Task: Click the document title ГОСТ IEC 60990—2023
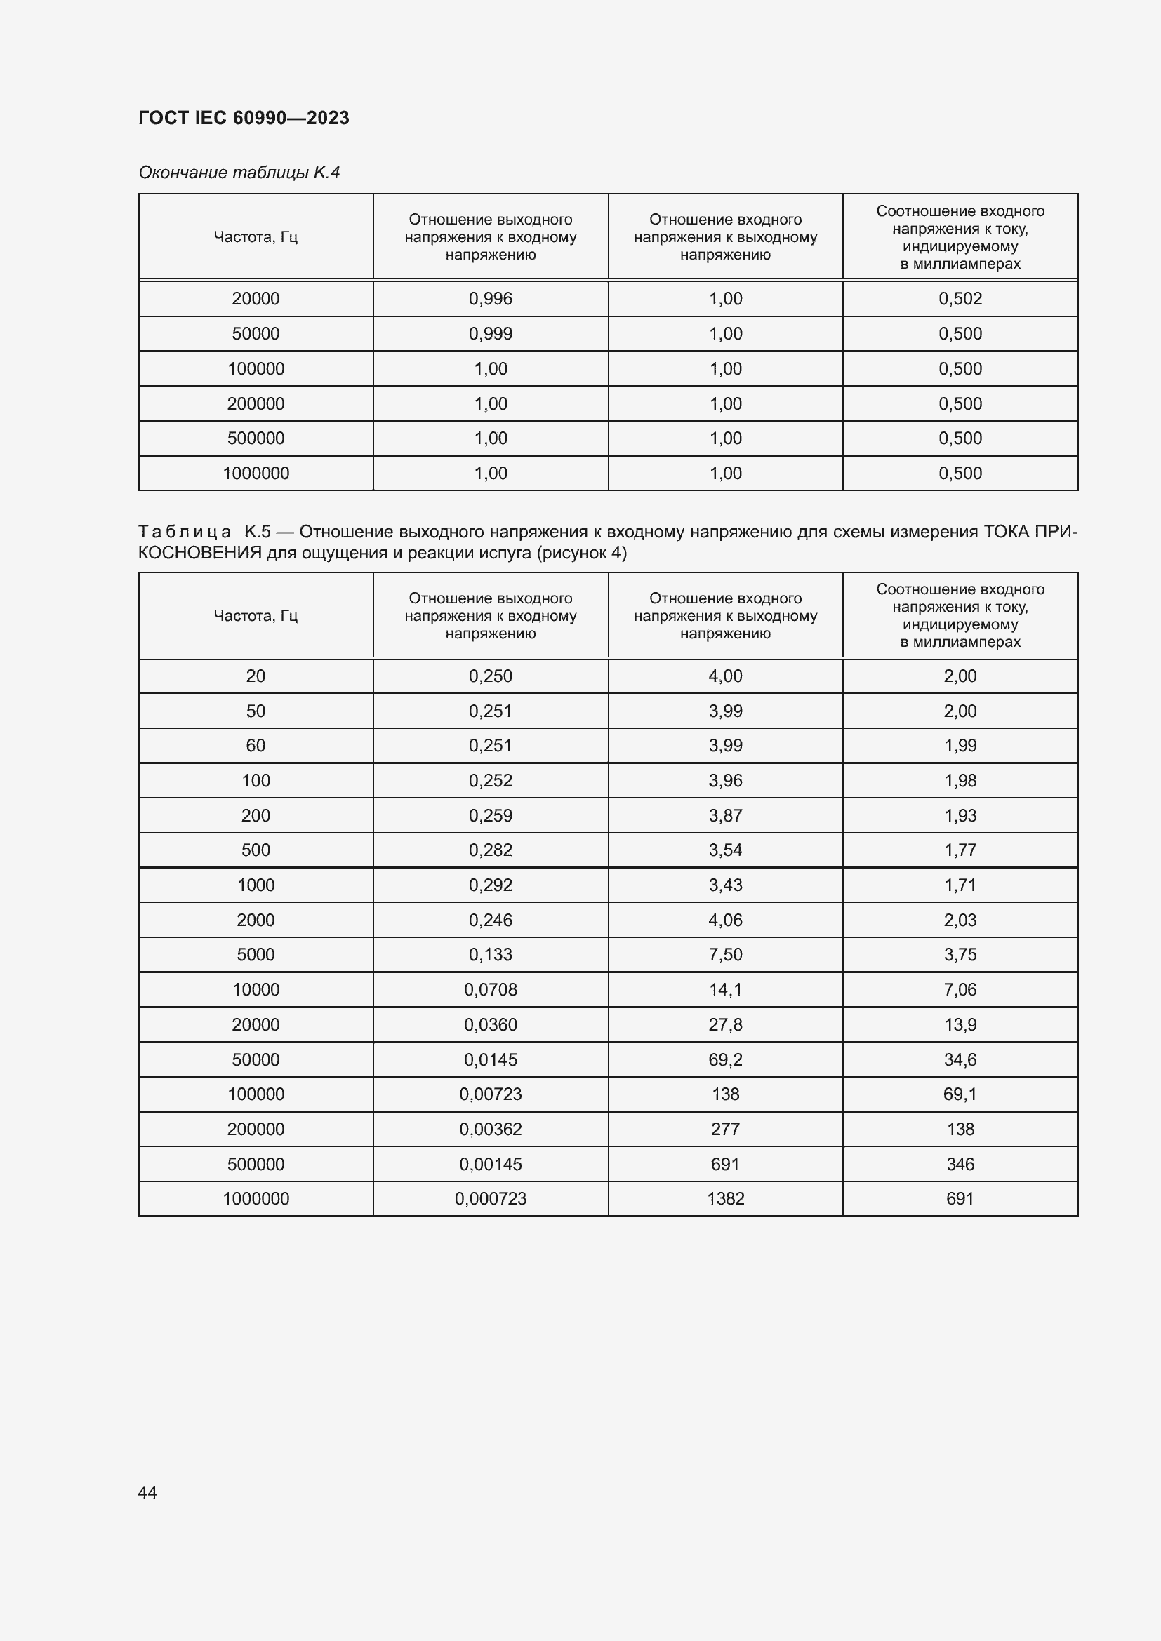click(x=243, y=118)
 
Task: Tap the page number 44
click(x=147, y=1492)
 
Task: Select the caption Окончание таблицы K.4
click(x=239, y=173)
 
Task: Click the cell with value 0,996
click(x=491, y=299)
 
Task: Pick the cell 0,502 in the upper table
click(x=960, y=299)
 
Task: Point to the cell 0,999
click(x=491, y=334)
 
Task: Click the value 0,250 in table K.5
click(x=491, y=676)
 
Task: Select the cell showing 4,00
click(x=725, y=676)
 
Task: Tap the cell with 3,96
click(x=725, y=780)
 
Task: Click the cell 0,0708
click(x=491, y=989)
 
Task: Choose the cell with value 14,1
click(x=725, y=989)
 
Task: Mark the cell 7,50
click(x=725, y=954)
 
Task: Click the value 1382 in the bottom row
click(x=725, y=1198)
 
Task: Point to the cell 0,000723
click(x=491, y=1198)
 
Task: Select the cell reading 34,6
click(x=960, y=1059)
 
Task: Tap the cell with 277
click(x=725, y=1130)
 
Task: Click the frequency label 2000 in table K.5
click(x=256, y=920)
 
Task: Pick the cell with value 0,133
click(x=491, y=954)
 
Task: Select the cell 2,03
click(x=960, y=920)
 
